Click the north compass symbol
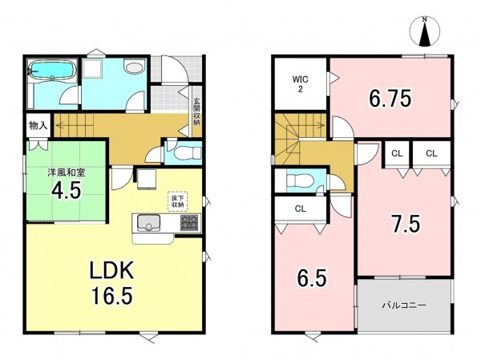point(425,31)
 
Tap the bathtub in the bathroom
point(52,71)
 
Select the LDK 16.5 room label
point(111,282)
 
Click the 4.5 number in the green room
point(66,190)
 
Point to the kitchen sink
point(149,223)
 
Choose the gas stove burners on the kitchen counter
point(189,223)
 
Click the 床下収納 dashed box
point(177,201)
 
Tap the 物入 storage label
point(38,125)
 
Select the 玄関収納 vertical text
point(196,111)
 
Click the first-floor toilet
point(187,153)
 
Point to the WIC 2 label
point(301,84)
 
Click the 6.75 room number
point(390,99)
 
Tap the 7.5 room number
point(405,224)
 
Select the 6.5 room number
point(312,277)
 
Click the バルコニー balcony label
point(404,305)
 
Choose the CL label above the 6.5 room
point(301,209)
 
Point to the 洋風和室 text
point(66,172)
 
